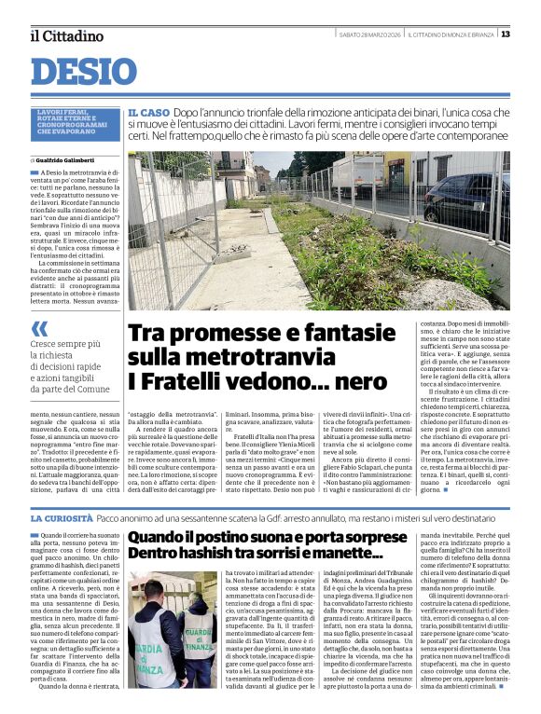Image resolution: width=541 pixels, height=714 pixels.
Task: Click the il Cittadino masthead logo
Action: tap(66, 35)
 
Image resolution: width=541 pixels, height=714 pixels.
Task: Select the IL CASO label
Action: tap(149, 112)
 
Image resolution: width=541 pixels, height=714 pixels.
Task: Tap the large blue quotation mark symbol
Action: tap(39, 328)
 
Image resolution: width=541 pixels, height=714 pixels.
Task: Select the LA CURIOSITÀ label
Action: tap(61, 517)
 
